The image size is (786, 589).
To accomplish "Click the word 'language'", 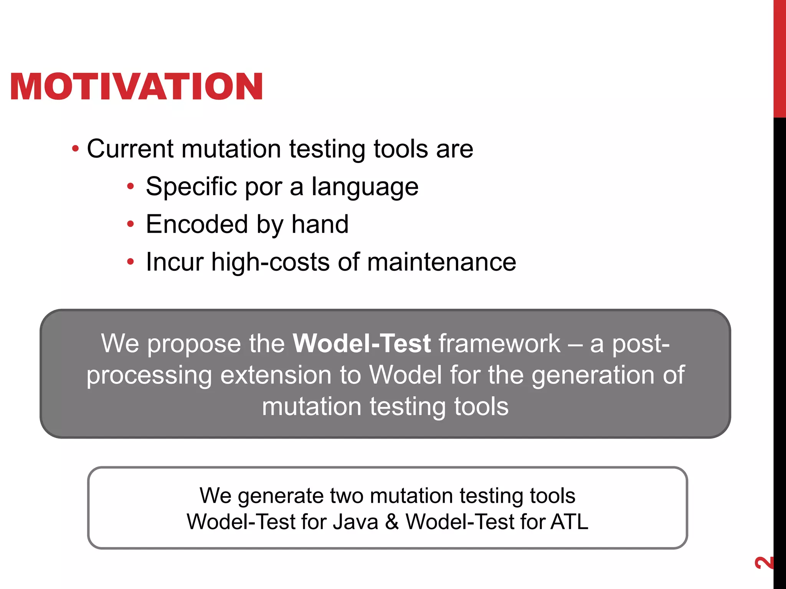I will coord(365,188).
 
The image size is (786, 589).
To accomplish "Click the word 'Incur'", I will coord(175,262).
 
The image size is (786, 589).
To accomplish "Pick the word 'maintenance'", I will coord(441,262).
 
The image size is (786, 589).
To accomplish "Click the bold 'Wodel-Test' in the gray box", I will coord(362,343).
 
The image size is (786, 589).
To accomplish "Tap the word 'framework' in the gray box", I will coord(499,343).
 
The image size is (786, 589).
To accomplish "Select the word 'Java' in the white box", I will coord(355,522).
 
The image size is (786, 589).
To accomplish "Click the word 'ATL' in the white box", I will coord(569,522).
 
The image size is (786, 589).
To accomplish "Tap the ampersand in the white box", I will coord(392,522).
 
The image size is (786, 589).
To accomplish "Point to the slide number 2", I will coord(764,563).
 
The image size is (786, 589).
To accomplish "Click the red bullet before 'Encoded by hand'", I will coord(131,224).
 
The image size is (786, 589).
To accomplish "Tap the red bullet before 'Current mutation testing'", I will coord(76,148).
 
